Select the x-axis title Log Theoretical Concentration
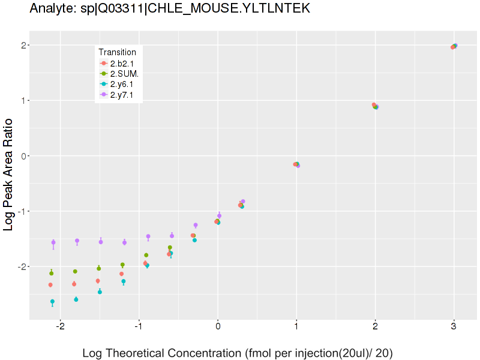click(x=237, y=353)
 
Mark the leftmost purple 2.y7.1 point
click(x=53, y=242)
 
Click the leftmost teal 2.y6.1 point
click(x=52, y=301)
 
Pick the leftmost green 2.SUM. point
click(x=52, y=273)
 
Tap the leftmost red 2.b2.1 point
click(x=50, y=284)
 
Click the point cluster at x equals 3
click(x=454, y=46)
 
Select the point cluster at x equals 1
click(x=296, y=164)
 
